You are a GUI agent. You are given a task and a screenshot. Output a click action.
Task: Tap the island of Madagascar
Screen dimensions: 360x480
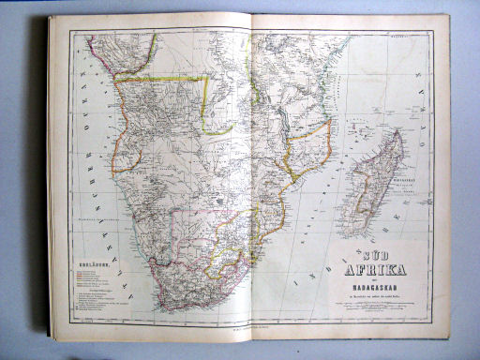click(x=380, y=183)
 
